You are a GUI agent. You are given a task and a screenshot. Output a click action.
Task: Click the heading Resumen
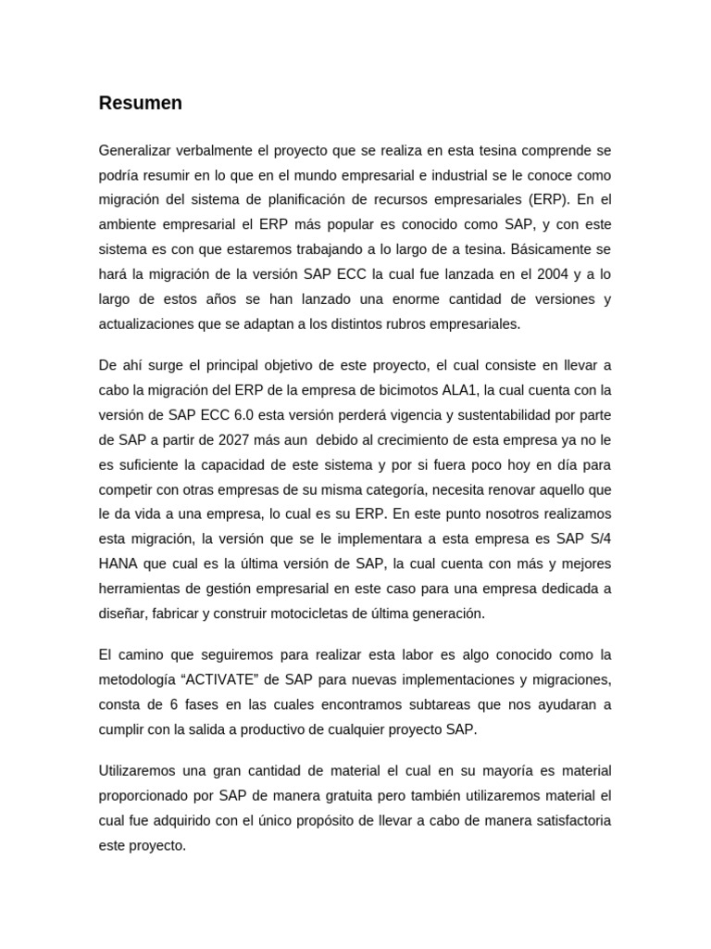[x=140, y=104]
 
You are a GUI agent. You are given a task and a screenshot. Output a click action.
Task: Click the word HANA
[x=118, y=563]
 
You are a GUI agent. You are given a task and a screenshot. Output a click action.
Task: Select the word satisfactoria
[x=566, y=820]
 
